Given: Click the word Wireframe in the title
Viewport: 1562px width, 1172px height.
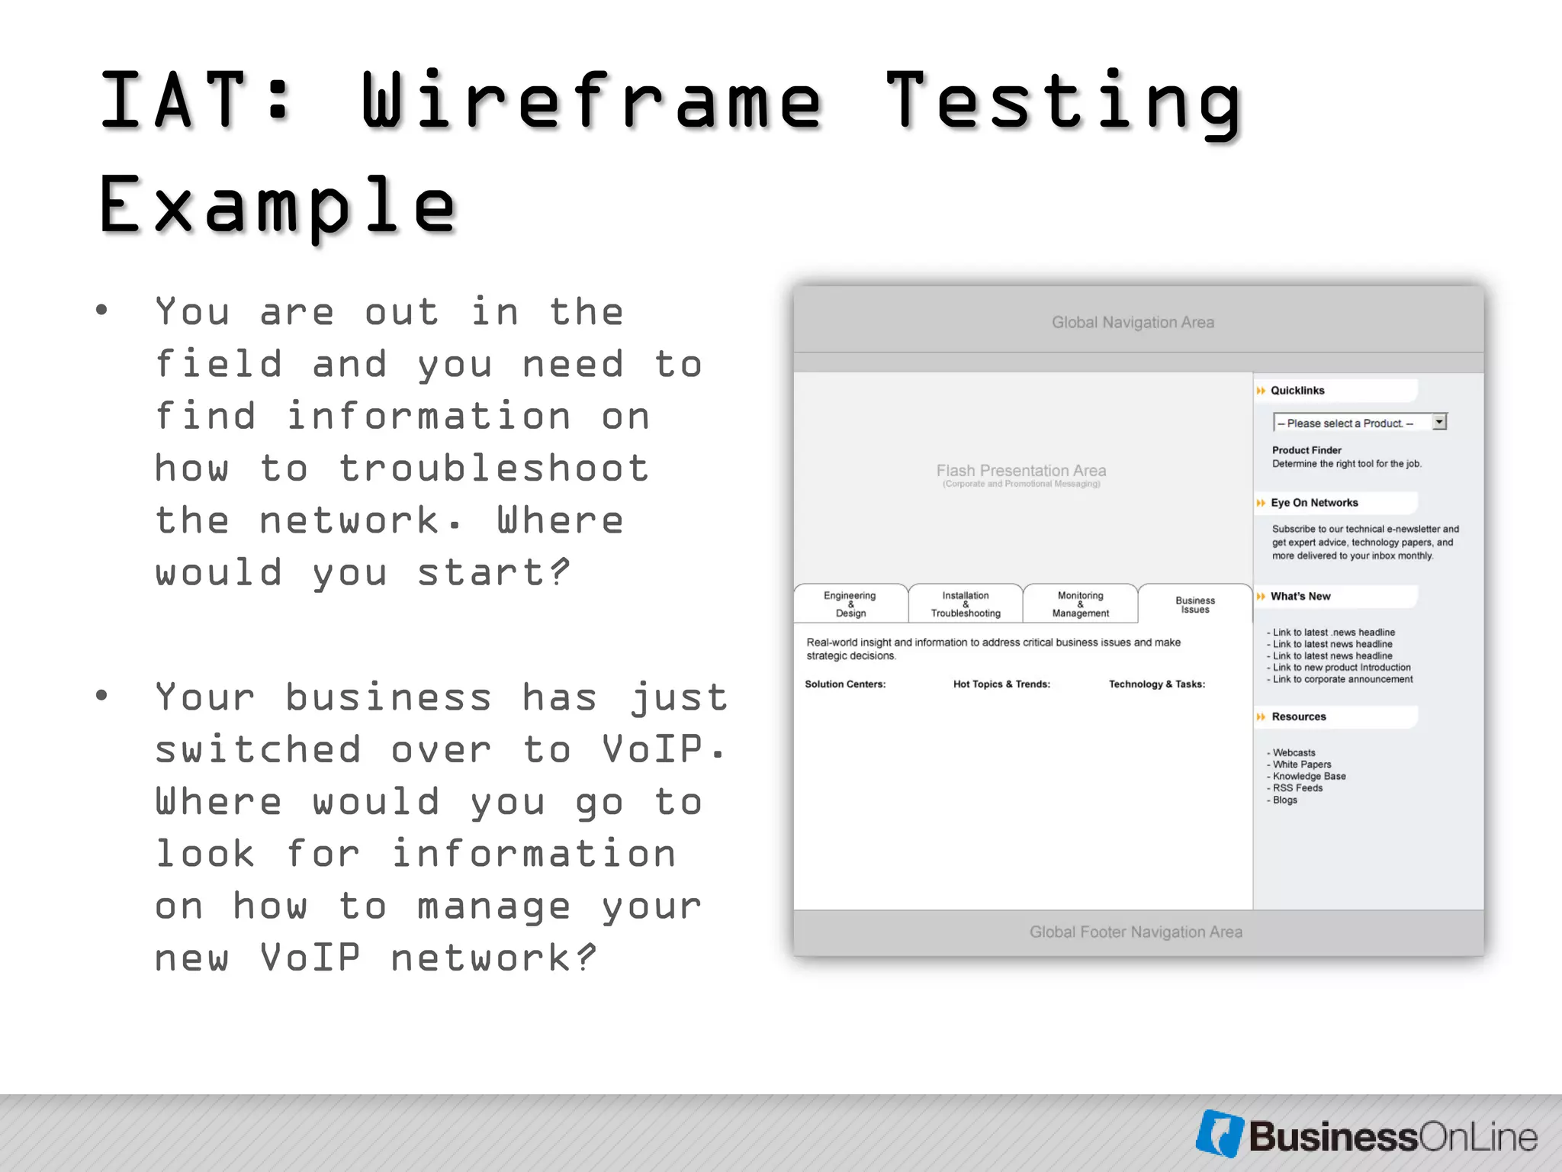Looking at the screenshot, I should (x=591, y=101).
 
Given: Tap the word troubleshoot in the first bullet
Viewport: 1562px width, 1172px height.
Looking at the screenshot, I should (x=493, y=468).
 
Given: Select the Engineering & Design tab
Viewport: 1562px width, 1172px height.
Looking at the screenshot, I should (x=850, y=604).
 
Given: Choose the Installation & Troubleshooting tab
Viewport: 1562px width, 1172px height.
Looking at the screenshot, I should (x=966, y=604).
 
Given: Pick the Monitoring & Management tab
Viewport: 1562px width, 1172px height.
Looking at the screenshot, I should (x=1080, y=604).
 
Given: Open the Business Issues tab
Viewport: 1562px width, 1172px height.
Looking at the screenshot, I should (x=1195, y=604).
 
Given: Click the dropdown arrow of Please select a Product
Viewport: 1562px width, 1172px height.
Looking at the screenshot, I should (x=1439, y=422).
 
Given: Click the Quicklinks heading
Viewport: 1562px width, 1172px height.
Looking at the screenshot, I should (x=1297, y=390).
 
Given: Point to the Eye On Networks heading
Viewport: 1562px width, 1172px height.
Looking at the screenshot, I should (x=1314, y=502).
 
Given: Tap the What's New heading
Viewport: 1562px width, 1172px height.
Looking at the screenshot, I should (x=1300, y=596).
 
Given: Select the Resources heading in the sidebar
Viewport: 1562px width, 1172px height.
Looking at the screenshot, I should (x=1299, y=716).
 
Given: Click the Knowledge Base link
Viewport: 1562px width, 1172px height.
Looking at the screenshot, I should (x=1309, y=776).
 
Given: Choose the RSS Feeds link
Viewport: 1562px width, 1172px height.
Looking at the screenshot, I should (x=1297, y=787).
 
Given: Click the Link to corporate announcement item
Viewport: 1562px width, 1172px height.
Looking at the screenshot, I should (x=1342, y=679).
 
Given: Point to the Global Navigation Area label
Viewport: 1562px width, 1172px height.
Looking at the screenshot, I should (x=1133, y=322).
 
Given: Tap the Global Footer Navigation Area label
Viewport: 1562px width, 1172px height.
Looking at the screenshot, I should (x=1136, y=932).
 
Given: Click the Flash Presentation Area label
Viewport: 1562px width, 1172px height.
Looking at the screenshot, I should (x=1021, y=471).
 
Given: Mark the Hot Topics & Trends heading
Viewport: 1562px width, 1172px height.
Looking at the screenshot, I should (x=1001, y=684).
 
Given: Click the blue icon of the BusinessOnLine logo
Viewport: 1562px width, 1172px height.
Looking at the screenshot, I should (x=1220, y=1134).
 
